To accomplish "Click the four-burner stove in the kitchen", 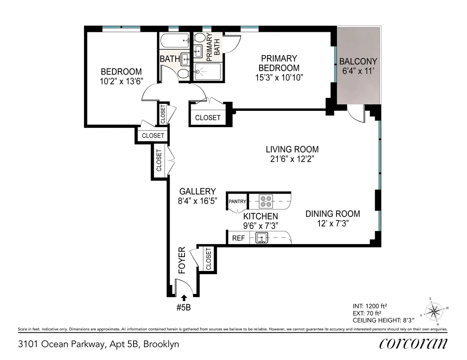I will click(x=267, y=201).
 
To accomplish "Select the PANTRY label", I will click(x=237, y=201).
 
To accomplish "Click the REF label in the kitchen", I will click(x=238, y=238).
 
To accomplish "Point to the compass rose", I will click(x=435, y=311).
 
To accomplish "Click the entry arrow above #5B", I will click(x=184, y=299).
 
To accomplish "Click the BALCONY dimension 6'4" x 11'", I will click(x=358, y=71).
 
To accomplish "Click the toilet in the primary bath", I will click(x=200, y=38).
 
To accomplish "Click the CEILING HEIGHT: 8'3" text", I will click(x=377, y=320).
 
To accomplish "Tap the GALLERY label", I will click(x=197, y=191).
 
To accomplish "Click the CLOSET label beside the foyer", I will click(x=208, y=259).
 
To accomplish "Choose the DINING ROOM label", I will click(x=332, y=214).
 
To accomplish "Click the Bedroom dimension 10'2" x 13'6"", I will click(x=121, y=81).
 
